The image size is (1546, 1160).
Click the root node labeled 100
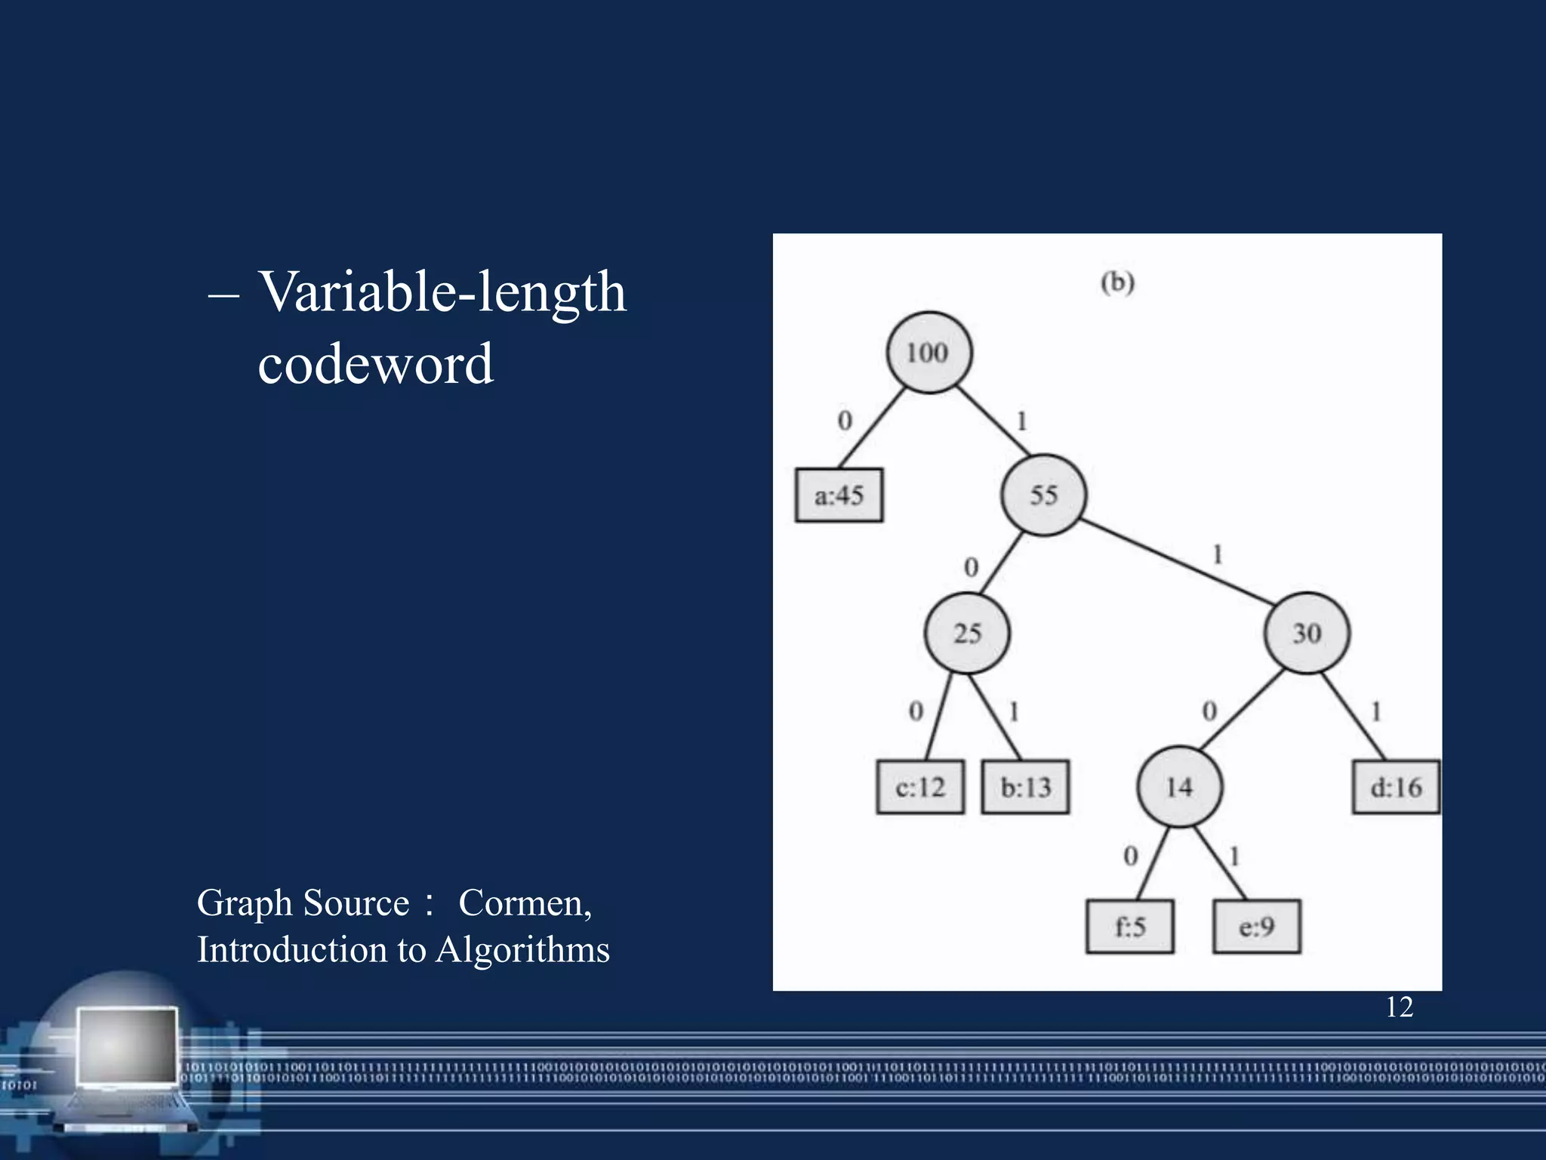(929, 353)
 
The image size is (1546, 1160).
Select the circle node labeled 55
(1044, 495)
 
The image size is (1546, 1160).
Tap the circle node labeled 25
(967, 633)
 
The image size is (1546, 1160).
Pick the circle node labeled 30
(1307, 633)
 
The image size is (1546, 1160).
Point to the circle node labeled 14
(1179, 787)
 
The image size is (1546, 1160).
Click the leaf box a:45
(839, 495)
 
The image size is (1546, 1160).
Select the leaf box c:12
(920, 787)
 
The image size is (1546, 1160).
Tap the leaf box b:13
(1025, 787)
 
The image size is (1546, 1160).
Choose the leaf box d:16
(1396, 787)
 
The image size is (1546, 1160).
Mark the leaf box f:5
(1130, 927)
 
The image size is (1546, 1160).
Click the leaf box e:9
(1257, 927)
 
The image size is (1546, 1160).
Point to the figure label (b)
(1117, 282)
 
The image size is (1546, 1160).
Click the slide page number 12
(1399, 1007)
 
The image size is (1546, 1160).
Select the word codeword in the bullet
(375, 364)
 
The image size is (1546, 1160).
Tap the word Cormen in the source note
(525, 903)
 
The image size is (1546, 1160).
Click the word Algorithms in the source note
(522, 950)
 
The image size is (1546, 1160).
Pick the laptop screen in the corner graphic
(128, 1046)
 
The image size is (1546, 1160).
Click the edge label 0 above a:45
(845, 421)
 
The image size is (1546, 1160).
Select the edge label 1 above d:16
(1376, 711)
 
